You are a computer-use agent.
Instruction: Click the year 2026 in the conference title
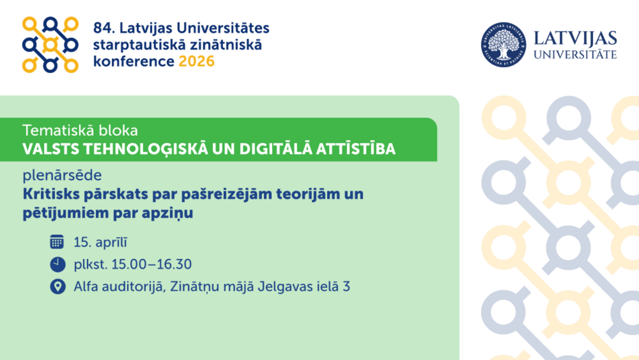(x=196, y=61)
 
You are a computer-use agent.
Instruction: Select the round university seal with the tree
(x=504, y=45)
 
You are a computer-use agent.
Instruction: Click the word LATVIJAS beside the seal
(x=575, y=38)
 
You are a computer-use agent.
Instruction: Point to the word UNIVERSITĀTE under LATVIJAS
(x=575, y=54)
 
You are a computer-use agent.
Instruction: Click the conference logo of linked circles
(x=50, y=45)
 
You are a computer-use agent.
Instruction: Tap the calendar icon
(x=57, y=242)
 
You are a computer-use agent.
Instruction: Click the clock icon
(x=58, y=264)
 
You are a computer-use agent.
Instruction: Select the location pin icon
(x=58, y=287)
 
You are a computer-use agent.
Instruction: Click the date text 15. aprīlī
(x=101, y=242)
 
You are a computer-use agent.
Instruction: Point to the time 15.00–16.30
(x=151, y=264)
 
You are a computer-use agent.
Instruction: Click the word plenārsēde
(x=62, y=175)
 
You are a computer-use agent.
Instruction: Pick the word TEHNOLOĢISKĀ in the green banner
(x=145, y=149)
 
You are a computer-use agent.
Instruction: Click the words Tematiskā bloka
(x=80, y=130)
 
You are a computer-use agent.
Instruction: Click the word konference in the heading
(x=134, y=61)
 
